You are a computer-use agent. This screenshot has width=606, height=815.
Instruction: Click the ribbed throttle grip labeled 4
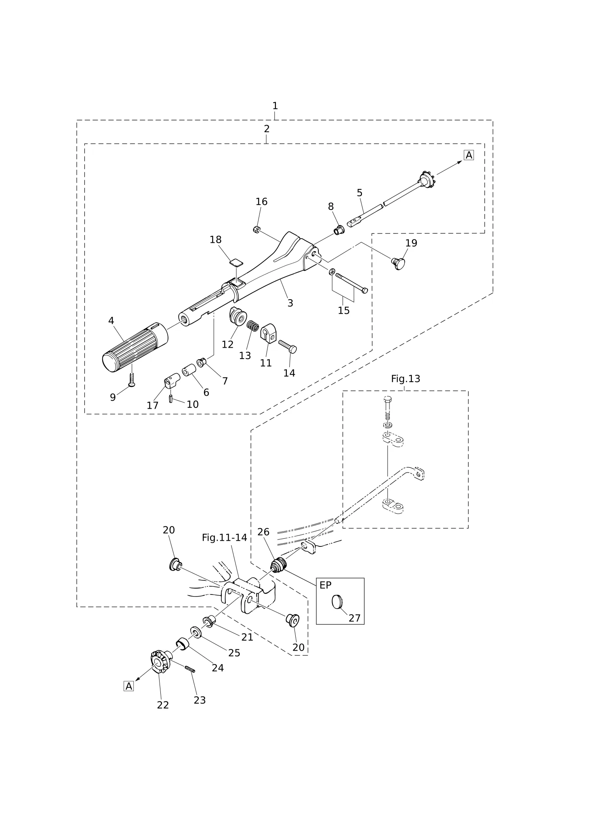click(135, 347)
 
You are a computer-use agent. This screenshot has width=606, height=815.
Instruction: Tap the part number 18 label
click(216, 239)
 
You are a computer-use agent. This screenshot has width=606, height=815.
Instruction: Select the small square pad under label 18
click(236, 263)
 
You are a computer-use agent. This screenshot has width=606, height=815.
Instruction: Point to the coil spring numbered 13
click(253, 325)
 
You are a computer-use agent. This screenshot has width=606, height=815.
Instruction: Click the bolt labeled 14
click(288, 347)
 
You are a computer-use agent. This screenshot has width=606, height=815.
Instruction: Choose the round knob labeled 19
click(398, 263)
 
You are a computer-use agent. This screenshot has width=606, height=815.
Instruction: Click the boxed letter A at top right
click(469, 155)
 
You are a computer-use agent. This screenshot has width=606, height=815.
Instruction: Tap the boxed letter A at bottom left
click(128, 686)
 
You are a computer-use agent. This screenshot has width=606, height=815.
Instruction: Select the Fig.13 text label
click(406, 379)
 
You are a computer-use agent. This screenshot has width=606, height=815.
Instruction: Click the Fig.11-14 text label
click(225, 538)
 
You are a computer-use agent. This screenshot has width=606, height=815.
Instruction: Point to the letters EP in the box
click(326, 585)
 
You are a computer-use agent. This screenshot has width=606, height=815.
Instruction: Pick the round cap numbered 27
click(337, 602)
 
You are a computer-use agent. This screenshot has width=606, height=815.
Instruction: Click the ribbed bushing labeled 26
click(278, 565)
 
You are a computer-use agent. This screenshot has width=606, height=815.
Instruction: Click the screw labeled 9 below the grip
click(131, 379)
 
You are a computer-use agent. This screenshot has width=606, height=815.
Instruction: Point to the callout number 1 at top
click(275, 106)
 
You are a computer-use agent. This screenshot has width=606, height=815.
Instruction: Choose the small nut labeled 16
click(256, 230)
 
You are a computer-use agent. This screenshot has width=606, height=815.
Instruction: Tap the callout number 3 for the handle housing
click(290, 303)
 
